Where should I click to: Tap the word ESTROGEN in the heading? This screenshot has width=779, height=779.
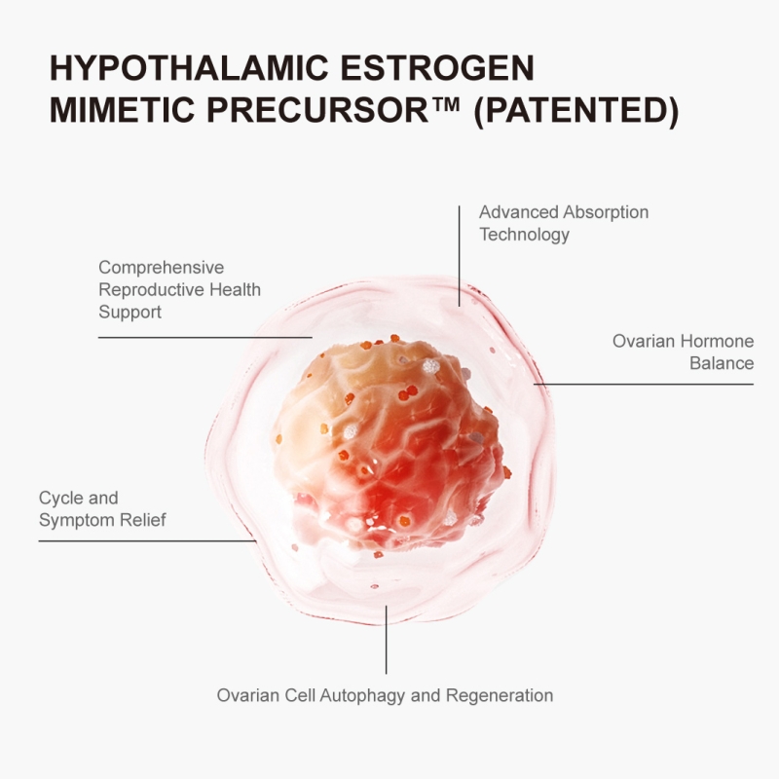pyautogui.click(x=437, y=67)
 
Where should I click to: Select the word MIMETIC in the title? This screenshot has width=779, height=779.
pyautogui.click(x=122, y=110)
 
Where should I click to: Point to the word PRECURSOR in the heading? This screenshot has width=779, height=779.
pyautogui.click(x=317, y=110)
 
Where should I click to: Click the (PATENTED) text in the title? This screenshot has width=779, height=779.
pyautogui.click(x=576, y=111)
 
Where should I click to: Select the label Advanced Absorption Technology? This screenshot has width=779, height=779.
pyautogui.click(x=564, y=223)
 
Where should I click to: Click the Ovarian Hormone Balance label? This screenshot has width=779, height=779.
pyautogui.click(x=684, y=352)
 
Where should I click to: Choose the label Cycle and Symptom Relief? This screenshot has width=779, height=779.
pyautogui.click(x=102, y=508)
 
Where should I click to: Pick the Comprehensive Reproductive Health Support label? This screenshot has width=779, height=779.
pyautogui.click(x=179, y=289)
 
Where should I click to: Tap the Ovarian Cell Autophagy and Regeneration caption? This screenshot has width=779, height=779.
pyautogui.click(x=385, y=695)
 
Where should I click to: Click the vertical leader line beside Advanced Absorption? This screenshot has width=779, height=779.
pyautogui.click(x=459, y=256)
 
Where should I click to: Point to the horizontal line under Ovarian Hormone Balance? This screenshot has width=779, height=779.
pyautogui.click(x=644, y=384)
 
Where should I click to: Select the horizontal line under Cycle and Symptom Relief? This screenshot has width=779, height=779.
pyautogui.click(x=148, y=541)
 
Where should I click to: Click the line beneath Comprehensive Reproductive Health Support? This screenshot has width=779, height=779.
pyautogui.click(x=205, y=337)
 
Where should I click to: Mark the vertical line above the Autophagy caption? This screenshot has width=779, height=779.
pyautogui.click(x=386, y=640)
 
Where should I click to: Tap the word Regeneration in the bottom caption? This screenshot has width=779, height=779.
pyautogui.click(x=500, y=695)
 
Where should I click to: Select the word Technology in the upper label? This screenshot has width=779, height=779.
pyautogui.click(x=524, y=235)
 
